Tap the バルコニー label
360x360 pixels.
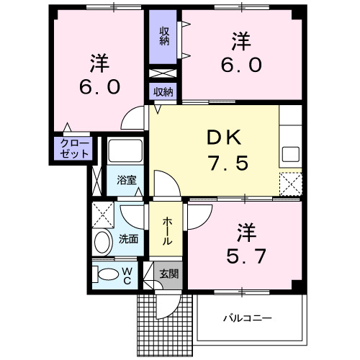coord(246,316)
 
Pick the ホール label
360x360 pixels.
coord(167,231)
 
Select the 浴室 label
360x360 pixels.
coord(127,180)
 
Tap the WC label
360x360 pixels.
coord(127,275)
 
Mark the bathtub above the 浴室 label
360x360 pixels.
coord(125,152)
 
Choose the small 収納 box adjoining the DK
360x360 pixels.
coord(163,91)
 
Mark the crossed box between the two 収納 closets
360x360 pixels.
coord(164,73)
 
